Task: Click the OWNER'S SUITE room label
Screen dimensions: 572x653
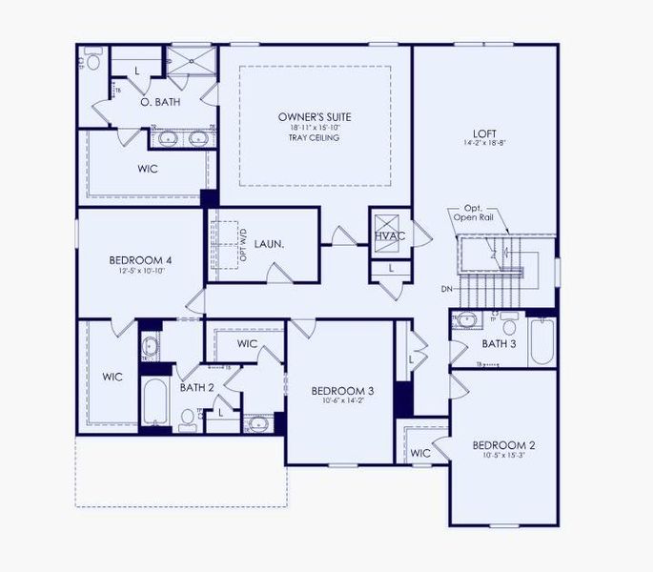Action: click(315, 115)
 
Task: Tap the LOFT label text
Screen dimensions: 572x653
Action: click(484, 133)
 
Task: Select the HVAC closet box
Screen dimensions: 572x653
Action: click(391, 234)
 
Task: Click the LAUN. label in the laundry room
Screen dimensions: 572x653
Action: click(268, 244)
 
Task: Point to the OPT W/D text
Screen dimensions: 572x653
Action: click(243, 246)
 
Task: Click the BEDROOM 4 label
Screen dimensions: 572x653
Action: click(140, 259)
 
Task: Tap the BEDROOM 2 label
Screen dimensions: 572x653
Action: click(504, 445)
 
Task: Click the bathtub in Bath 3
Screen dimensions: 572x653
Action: click(541, 343)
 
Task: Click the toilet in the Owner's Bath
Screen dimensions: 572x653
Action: click(92, 60)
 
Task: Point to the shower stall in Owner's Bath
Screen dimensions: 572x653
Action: click(192, 60)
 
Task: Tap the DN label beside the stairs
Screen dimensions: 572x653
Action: click(447, 289)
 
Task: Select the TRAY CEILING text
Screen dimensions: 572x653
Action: click(315, 137)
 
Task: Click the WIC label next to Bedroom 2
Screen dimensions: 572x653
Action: click(420, 453)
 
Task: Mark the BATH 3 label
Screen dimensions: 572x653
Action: click(499, 343)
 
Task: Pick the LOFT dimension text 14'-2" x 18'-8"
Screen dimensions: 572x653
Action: click(484, 145)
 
